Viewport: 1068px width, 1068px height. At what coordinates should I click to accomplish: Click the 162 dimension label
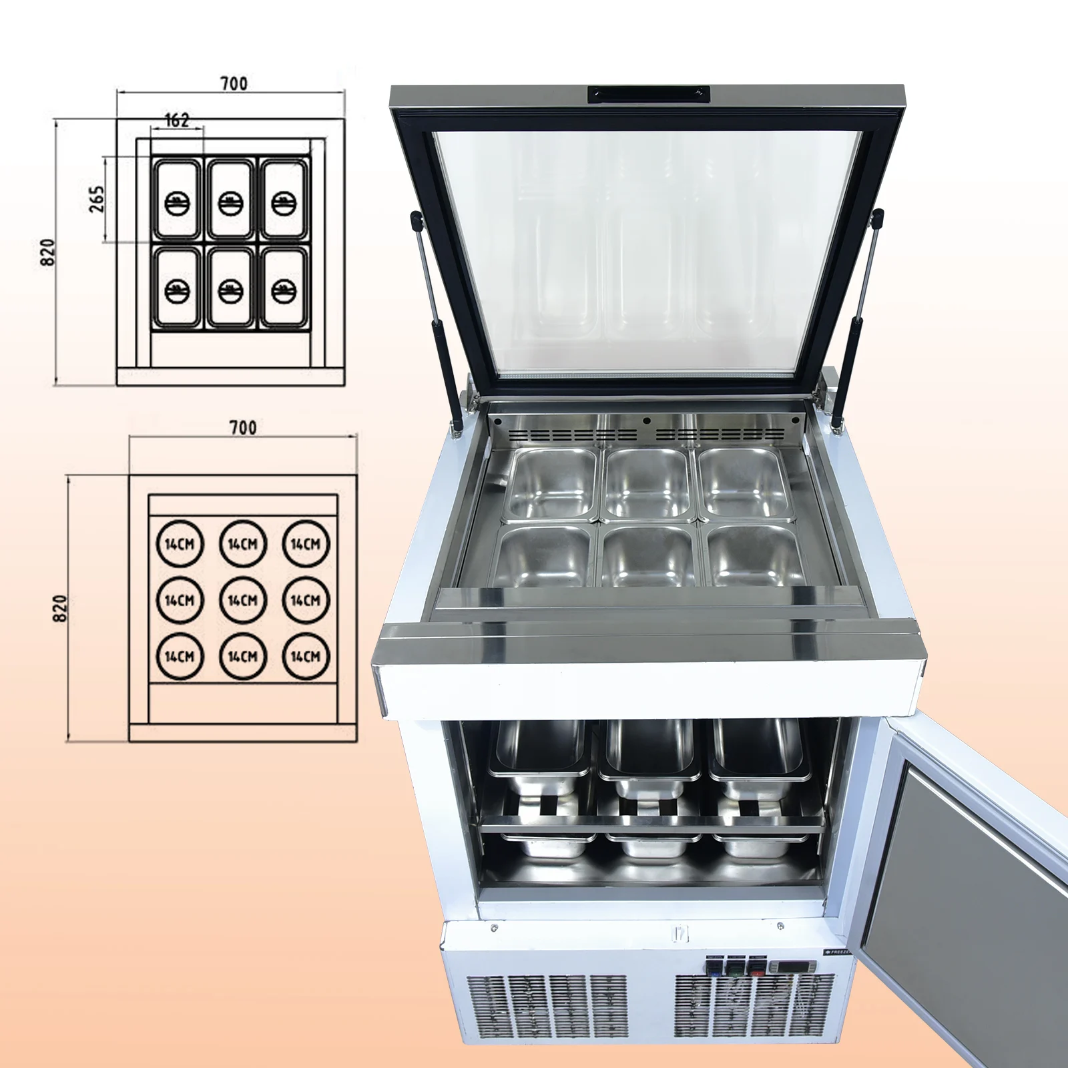pos(177,120)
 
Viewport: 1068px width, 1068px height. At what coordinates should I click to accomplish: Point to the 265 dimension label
pos(97,199)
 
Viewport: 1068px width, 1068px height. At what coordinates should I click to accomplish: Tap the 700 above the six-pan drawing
pos(234,83)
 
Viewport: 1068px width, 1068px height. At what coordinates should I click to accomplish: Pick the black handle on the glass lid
pos(647,95)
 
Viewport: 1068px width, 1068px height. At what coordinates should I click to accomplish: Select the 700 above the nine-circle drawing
pos(242,427)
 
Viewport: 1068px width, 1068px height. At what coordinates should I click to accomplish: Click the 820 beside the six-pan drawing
pos(48,252)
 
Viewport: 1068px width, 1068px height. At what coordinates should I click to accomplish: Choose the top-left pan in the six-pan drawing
pos(177,199)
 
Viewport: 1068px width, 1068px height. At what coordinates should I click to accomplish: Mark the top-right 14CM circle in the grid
pos(305,544)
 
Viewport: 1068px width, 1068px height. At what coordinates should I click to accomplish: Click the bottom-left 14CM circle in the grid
pos(180,657)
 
